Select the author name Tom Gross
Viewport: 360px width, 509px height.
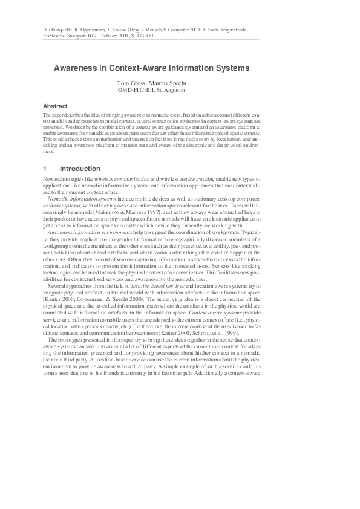(131, 83)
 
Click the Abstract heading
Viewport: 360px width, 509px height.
(55, 105)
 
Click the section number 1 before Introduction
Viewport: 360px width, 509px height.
(45, 169)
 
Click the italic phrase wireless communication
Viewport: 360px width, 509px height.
(117, 181)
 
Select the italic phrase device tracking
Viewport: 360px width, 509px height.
(199, 181)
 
